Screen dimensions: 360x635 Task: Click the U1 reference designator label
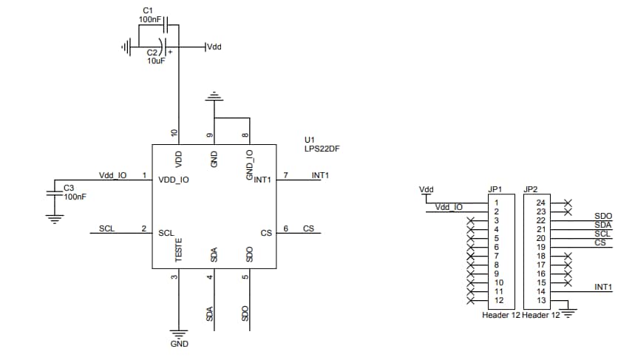coord(310,140)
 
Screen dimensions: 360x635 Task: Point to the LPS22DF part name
coord(322,149)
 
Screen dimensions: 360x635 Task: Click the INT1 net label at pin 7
coord(320,175)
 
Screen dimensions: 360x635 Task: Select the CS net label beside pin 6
coord(308,228)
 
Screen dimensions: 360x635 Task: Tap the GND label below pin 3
coord(179,344)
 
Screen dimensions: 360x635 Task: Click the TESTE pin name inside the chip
coord(178,249)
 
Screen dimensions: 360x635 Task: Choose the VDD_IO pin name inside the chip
coord(174,179)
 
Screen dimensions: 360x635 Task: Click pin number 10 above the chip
coord(174,134)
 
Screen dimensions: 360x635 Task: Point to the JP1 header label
coord(495,189)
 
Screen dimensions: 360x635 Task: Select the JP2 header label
coord(530,189)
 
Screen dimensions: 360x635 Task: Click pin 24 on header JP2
coord(540,203)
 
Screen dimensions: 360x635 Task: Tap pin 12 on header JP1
coord(499,300)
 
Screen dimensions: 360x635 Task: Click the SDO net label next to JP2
coord(602,216)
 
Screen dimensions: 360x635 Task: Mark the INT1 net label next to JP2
coord(603,287)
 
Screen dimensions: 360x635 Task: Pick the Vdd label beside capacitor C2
coord(213,47)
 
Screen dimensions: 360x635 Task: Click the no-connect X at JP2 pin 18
coord(567,256)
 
